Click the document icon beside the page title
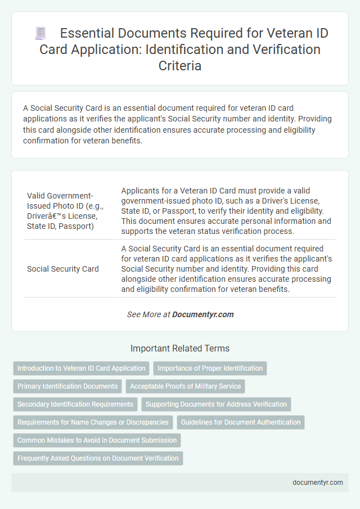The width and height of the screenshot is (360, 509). pos(40,33)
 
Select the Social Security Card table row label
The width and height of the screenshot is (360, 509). pos(62,269)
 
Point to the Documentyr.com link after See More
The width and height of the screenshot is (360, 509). pos(203,314)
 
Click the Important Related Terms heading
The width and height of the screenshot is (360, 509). pos(180,349)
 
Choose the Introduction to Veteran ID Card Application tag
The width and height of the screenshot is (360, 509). pos(81,368)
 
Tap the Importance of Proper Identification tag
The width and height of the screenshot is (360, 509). pos(210,368)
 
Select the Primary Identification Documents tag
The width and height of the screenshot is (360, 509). pos(67,386)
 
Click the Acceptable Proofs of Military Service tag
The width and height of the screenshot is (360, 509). pos(185,386)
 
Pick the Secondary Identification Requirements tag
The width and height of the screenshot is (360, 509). pos(75,404)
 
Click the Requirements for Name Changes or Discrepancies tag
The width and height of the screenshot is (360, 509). pos(93,422)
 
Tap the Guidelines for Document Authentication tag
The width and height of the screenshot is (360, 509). pos(240,422)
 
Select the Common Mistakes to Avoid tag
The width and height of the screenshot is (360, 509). pos(97,440)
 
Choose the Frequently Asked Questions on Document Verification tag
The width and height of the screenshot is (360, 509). pos(98,458)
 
